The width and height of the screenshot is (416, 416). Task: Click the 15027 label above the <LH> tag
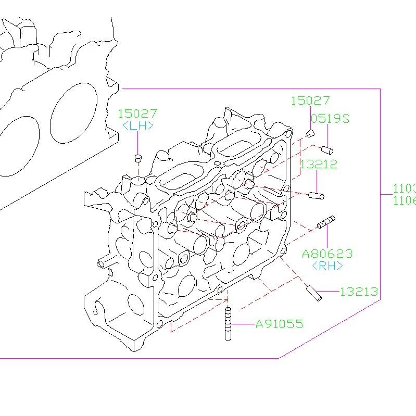(x=137, y=114)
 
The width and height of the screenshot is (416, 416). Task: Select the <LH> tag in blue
(x=137, y=125)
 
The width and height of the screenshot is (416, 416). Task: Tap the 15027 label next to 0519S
(x=310, y=100)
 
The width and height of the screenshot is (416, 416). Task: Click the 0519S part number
(x=330, y=118)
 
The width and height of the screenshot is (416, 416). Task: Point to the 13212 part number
(x=319, y=164)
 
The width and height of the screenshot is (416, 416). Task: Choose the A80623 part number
(x=327, y=254)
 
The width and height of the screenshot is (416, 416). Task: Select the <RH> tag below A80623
(x=327, y=266)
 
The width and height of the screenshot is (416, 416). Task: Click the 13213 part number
(x=359, y=292)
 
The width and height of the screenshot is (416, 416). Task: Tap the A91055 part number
(x=279, y=324)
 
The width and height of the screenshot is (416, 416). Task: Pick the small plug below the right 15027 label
(x=310, y=133)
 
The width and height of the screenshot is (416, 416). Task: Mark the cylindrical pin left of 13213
(x=313, y=293)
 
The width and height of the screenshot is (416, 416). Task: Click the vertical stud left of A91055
(x=228, y=324)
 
